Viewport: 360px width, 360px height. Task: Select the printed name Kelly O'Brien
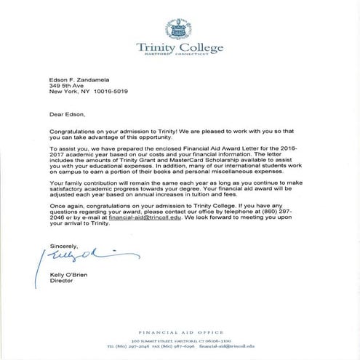70,273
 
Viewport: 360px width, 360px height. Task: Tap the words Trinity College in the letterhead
180,49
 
